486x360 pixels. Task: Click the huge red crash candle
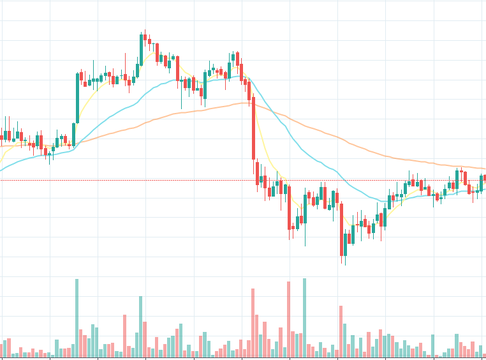tap(253, 128)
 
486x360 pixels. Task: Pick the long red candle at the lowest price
tap(342, 230)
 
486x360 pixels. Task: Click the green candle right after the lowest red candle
tap(346, 245)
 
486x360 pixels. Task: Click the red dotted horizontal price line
tap(159, 180)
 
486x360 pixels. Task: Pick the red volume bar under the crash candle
tap(253, 323)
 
